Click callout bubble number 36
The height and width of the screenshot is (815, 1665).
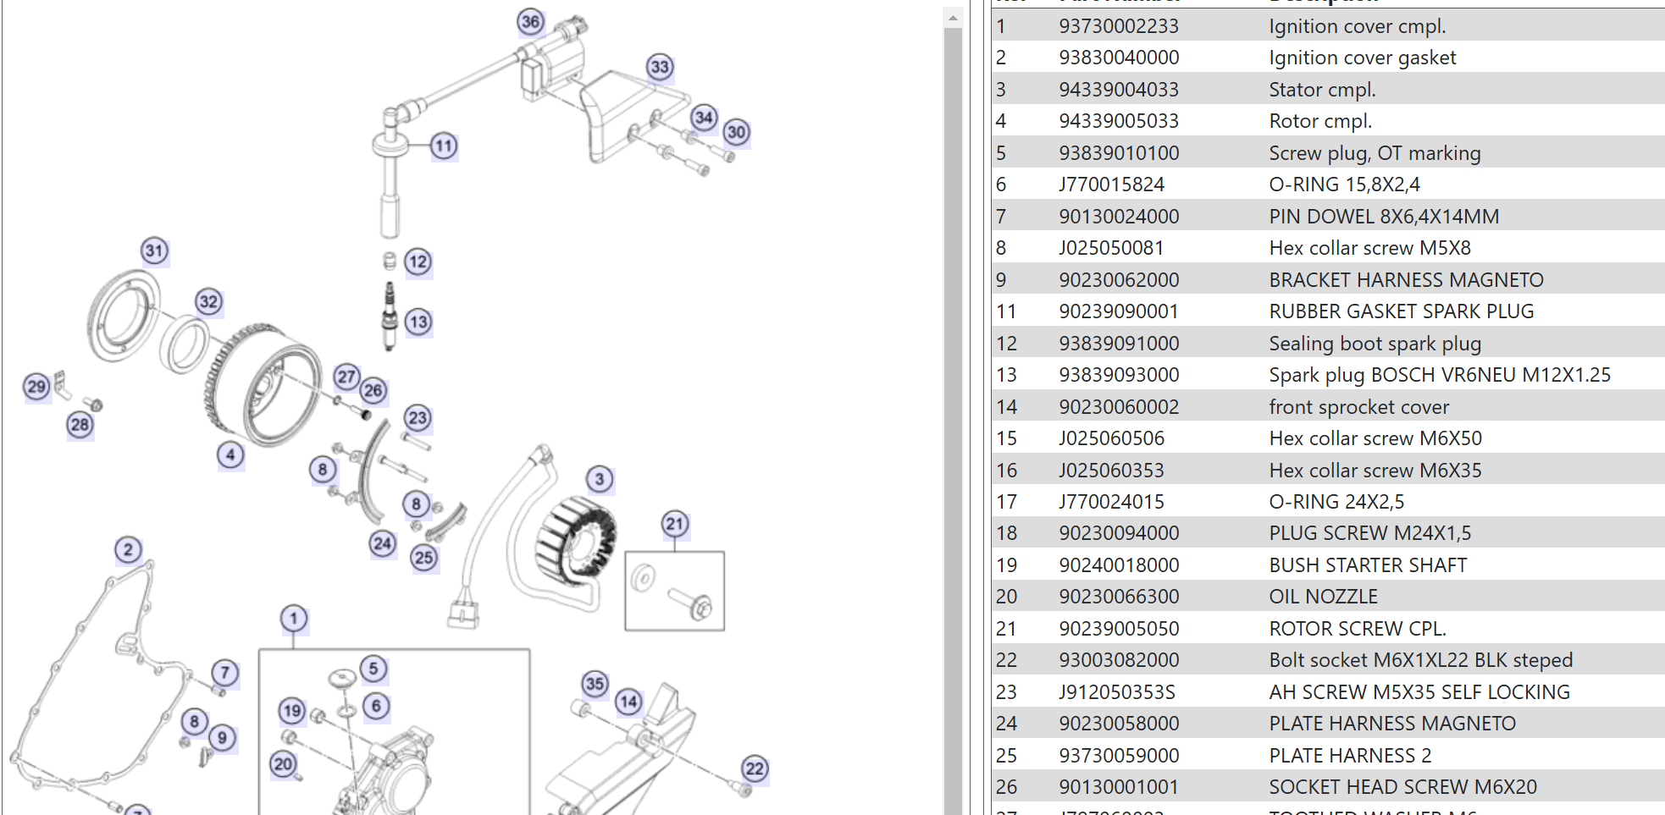point(531,22)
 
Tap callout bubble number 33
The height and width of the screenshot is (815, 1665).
point(660,67)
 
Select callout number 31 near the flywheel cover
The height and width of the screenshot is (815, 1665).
point(154,251)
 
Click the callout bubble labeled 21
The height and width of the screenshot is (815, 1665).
point(674,524)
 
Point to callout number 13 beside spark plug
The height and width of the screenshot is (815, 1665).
point(418,322)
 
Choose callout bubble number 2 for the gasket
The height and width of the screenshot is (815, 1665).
point(128,550)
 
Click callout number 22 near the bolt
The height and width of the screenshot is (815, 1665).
point(755,768)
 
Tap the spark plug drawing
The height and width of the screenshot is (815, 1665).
point(390,315)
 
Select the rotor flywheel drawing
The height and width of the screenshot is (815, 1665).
point(263,385)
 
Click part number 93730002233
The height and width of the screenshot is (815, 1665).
point(1118,26)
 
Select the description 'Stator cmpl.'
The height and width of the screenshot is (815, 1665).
point(1321,90)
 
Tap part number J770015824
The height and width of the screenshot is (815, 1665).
point(1111,184)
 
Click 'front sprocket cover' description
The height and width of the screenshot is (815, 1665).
point(1358,407)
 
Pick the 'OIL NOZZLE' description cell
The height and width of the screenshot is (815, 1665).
point(1323,597)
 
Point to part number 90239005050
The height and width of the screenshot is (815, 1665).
point(1118,629)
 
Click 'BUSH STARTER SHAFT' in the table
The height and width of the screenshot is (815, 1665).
point(1367,565)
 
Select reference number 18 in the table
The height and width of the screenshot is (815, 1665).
point(1006,533)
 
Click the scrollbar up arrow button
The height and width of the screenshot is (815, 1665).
point(953,17)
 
